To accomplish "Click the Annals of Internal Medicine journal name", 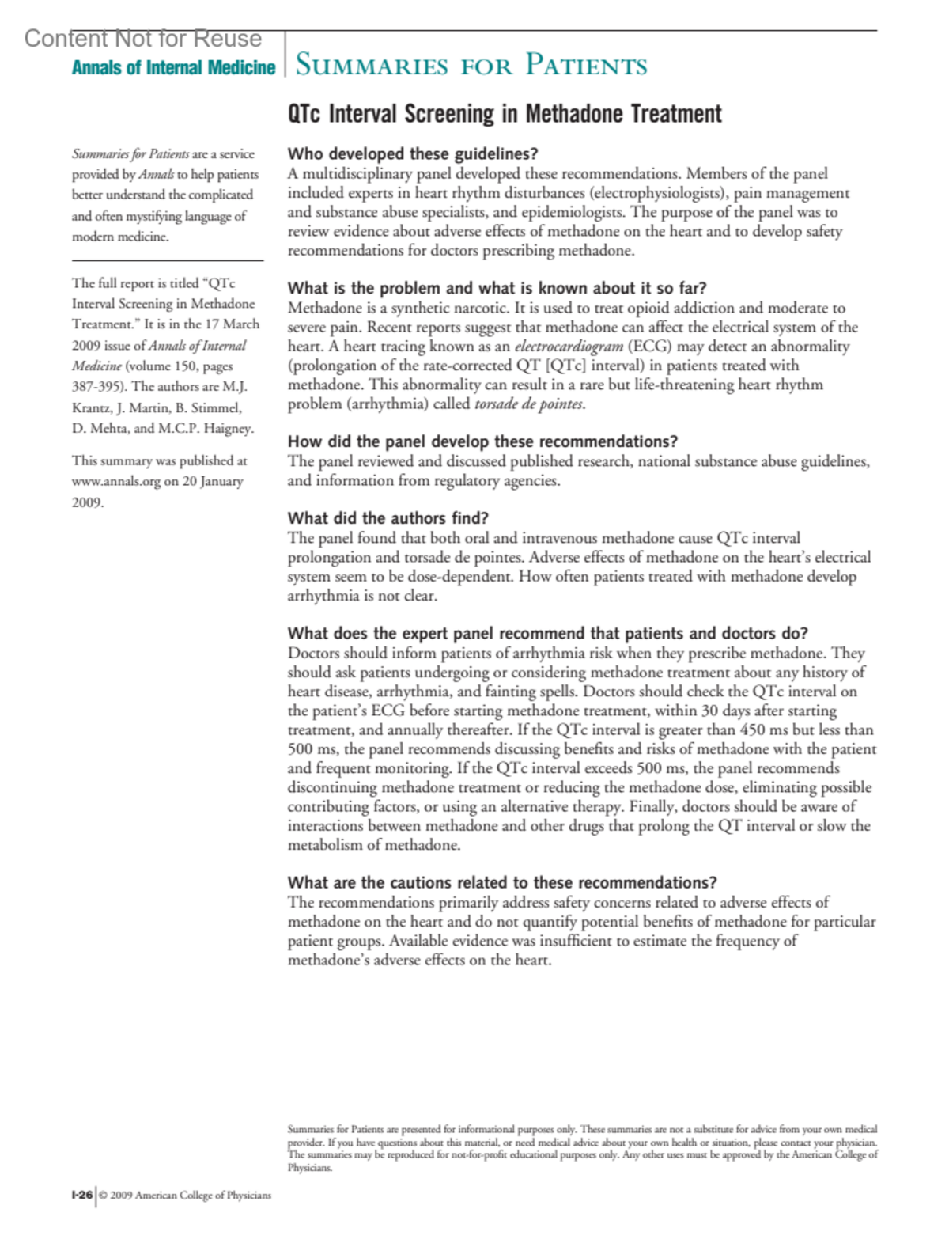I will [173, 68].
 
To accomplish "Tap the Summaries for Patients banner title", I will [471, 65].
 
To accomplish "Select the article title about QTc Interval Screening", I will [505, 115].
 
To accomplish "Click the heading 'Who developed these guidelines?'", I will [412, 153].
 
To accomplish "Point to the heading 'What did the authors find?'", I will [388, 518].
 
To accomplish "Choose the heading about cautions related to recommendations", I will [502, 882].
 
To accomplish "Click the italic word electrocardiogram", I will [569, 347].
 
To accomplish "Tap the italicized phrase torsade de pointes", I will [529, 404].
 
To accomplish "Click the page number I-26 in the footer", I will [81, 1195].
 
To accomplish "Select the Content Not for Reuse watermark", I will [142, 38].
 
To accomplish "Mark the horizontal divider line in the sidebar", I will [167, 260].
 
